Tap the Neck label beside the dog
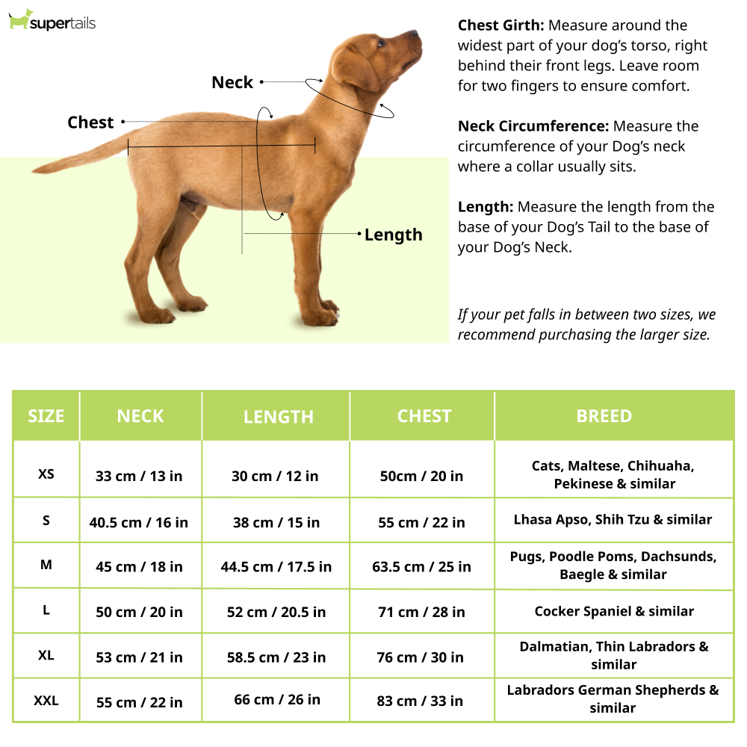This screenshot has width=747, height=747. [232, 82]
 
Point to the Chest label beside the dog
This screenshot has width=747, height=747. [90, 123]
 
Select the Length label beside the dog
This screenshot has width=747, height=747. [393, 235]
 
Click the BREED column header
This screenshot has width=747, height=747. [604, 416]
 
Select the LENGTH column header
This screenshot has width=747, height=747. [278, 417]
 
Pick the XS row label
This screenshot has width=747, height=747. [46, 474]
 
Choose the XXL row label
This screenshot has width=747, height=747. [46, 701]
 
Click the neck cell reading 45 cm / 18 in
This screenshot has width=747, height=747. [139, 567]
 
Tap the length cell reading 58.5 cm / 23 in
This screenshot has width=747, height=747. [276, 657]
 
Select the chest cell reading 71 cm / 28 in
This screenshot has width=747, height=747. [421, 612]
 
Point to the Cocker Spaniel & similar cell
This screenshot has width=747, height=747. [614, 611]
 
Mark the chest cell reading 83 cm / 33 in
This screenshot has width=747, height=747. [421, 701]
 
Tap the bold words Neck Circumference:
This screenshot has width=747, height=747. [533, 126]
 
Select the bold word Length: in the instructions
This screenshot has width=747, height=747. [486, 207]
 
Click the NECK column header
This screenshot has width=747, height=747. [140, 416]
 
